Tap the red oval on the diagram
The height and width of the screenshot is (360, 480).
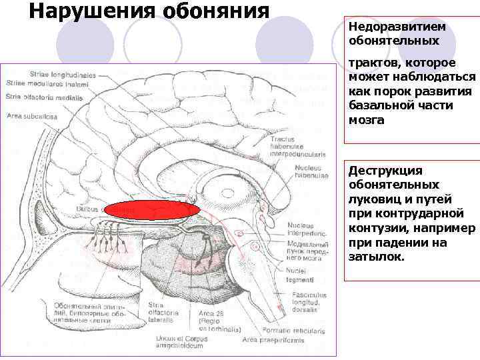(153, 210)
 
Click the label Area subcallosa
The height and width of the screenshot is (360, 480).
(31, 117)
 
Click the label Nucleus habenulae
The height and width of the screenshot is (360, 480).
(311, 172)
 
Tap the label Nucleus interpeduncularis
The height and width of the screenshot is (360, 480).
(307, 229)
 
